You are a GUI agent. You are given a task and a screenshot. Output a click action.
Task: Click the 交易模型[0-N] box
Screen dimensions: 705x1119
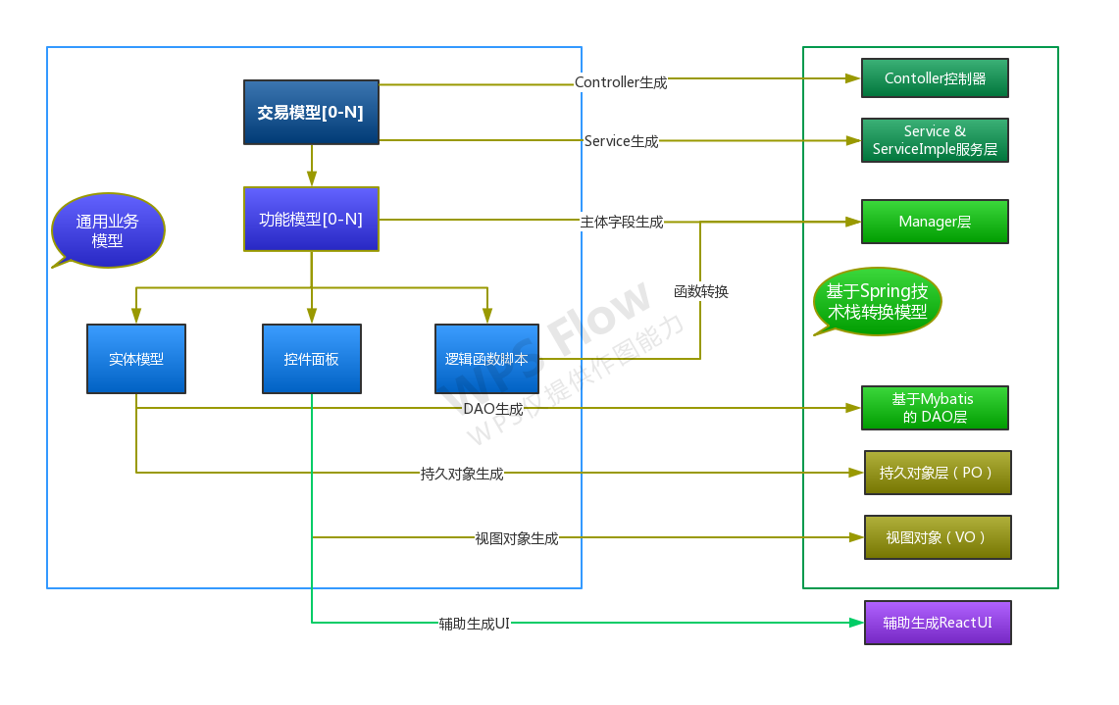(311, 113)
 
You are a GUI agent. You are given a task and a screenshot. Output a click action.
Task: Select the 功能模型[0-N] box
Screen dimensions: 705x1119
(311, 219)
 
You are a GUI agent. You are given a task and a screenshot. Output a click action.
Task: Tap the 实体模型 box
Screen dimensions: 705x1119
(136, 359)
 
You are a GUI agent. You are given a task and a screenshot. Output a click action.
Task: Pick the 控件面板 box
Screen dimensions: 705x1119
(312, 359)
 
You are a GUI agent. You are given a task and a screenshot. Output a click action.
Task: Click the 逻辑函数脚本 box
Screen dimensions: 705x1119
(486, 359)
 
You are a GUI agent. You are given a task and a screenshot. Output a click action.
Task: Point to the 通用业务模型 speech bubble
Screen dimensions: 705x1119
(108, 230)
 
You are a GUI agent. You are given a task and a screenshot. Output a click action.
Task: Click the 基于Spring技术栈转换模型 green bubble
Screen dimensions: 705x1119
(877, 301)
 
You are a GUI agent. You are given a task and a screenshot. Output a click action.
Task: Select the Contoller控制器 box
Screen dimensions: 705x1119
(935, 78)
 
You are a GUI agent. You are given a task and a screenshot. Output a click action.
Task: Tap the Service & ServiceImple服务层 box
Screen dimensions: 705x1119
(935, 140)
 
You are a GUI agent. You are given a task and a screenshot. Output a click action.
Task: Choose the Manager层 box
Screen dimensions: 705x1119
(935, 222)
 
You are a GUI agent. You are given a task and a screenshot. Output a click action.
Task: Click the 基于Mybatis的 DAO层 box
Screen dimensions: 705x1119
(935, 408)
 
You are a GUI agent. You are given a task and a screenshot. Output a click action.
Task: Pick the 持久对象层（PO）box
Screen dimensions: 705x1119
(937, 473)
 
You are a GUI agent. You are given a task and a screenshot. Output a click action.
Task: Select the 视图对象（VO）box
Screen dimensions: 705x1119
(937, 537)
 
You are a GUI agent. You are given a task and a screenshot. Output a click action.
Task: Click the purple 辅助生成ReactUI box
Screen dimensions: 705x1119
(937, 623)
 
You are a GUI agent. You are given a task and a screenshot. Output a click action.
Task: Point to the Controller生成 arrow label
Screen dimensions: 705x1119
(621, 82)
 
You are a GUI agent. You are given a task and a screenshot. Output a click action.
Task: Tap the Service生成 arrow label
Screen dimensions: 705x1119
(621, 141)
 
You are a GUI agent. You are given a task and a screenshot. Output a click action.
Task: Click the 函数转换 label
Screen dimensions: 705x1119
(700, 291)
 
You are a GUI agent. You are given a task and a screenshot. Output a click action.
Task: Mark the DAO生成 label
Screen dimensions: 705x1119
(492, 408)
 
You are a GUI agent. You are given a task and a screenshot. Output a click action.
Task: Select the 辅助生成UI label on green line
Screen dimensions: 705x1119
(474, 623)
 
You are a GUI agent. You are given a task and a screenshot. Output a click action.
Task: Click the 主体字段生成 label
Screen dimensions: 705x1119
(621, 223)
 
